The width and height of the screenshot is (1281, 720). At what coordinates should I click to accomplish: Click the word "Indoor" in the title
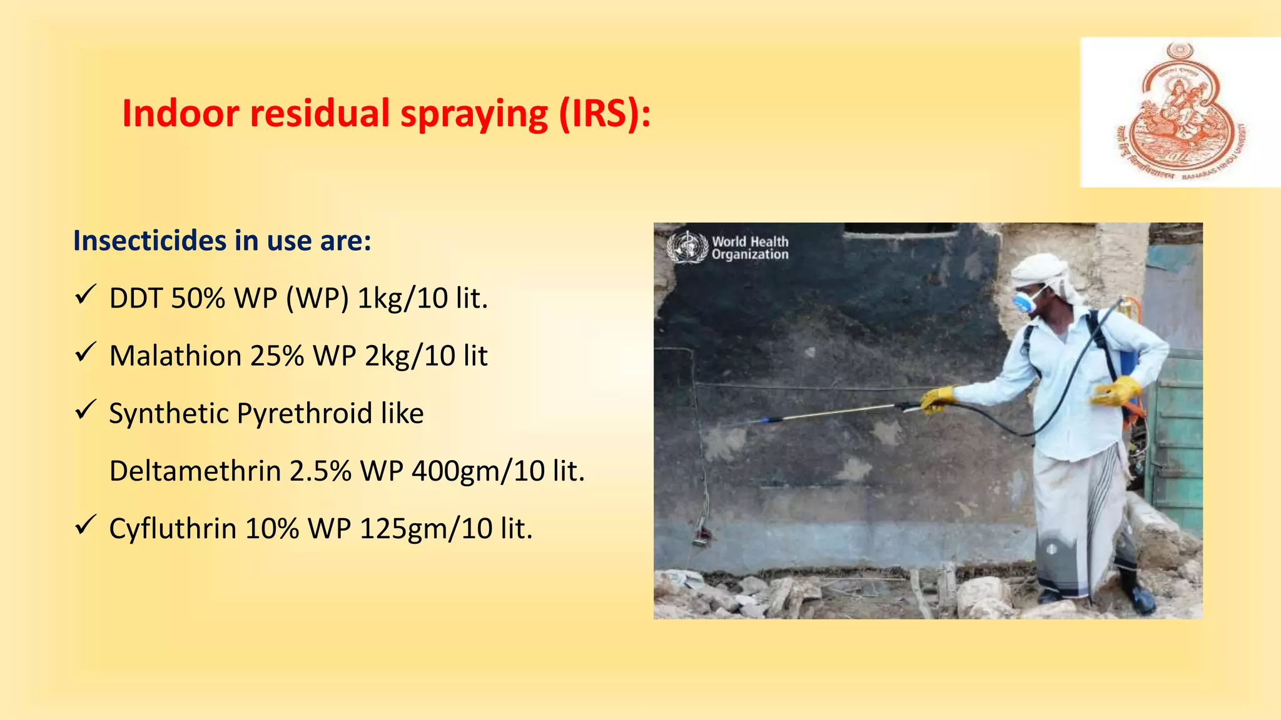click(181, 114)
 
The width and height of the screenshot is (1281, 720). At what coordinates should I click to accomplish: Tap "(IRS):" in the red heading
click(604, 114)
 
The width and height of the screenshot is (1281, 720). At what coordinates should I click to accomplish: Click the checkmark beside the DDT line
click(85, 294)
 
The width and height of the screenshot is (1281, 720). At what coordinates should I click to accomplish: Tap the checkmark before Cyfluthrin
click(85, 525)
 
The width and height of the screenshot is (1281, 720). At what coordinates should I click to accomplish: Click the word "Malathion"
click(175, 356)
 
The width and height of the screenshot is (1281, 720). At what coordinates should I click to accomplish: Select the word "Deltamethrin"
click(195, 471)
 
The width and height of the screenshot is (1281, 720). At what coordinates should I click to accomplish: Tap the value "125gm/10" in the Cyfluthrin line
click(425, 529)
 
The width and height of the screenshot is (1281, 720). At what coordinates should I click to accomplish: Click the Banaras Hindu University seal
click(1180, 112)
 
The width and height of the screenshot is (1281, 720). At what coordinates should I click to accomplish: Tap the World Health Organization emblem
click(687, 247)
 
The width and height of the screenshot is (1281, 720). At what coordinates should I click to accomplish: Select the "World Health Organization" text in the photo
click(750, 247)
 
